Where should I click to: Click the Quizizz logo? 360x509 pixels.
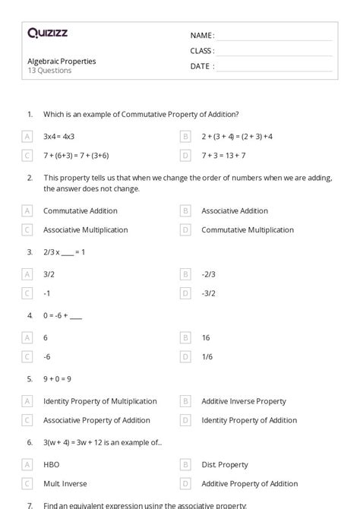pyautogui.click(x=47, y=33)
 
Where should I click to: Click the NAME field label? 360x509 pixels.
pyautogui.click(x=202, y=36)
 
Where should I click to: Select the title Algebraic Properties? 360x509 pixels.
pyautogui.click(x=62, y=61)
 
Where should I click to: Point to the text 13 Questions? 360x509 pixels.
pyautogui.click(x=50, y=71)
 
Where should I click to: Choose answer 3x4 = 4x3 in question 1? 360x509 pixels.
pyautogui.click(x=58, y=137)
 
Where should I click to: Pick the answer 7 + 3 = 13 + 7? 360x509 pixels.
pyautogui.click(x=223, y=156)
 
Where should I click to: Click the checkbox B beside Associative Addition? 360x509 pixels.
pyautogui.click(x=185, y=211)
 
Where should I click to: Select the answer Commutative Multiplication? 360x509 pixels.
pyautogui.click(x=248, y=229)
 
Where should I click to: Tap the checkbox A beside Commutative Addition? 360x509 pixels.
pyautogui.click(x=27, y=211)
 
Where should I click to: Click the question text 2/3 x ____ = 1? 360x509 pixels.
pyautogui.click(x=64, y=251)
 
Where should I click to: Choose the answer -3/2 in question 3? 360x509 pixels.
pyautogui.click(x=209, y=293)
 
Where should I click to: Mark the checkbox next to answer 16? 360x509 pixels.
pyautogui.click(x=185, y=337)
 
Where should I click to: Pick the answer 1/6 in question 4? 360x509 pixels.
pyautogui.click(x=207, y=356)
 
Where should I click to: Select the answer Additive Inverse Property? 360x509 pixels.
pyautogui.click(x=244, y=401)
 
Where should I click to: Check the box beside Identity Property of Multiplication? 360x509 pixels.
pyautogui.click(x=27, y=401)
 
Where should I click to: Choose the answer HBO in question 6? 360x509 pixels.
pyautogui.click(x=52, y=464)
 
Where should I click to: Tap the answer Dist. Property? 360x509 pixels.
pyautogui.click(x=225, y=464)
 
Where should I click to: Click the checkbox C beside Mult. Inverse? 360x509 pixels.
pyautogui.click(x=27, y=483)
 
